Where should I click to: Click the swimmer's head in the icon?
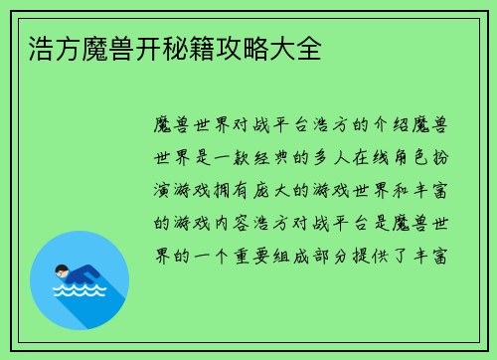coord(62,270)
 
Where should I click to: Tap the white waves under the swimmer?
coord(79,291)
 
